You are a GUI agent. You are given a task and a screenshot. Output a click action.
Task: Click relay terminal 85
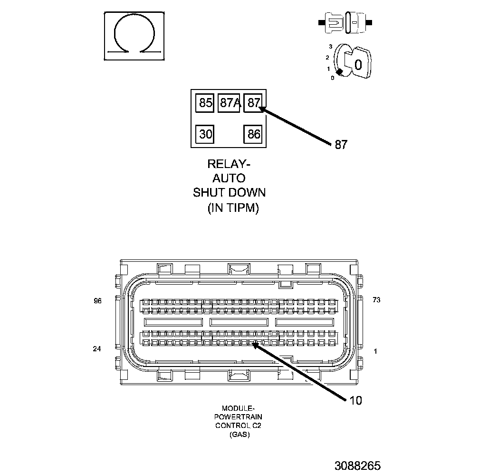pyautogui.click(x=205, y=103)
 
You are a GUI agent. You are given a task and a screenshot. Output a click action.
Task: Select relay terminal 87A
pyautogui.click(x=230, y=103)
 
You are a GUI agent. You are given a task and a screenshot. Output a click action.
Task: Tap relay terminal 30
pyautogui.click(x=205, y=134)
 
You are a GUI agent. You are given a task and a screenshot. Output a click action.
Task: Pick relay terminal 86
pyautogui.click(x=254, y=134)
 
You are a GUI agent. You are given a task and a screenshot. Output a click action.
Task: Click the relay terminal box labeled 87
pyautogui.click(x=254, y=103)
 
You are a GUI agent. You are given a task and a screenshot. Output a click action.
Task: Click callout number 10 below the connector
pyautogui.click(x=355, y=400)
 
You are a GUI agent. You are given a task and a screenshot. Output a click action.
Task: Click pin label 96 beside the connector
pyautogui.click(x=97, y=300)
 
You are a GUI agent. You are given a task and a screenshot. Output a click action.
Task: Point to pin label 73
pyautogui.click(x=376, y=300)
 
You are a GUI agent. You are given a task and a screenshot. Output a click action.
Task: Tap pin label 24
pyautogui.click(x=97, y=349)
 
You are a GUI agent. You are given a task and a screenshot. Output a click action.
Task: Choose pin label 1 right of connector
pyautogui.click(x=375, y=352)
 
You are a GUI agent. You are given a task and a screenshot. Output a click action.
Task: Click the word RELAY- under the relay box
pyautogui.click(x=229, y=164)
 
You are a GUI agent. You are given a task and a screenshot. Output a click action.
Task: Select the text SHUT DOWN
pyautogui.click(x=229, y=193)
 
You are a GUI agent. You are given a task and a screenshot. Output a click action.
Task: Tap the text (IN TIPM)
pyautogui.click(x=233, y=208)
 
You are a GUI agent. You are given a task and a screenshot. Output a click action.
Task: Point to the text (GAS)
pyautogui.click(x=239, y=435)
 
